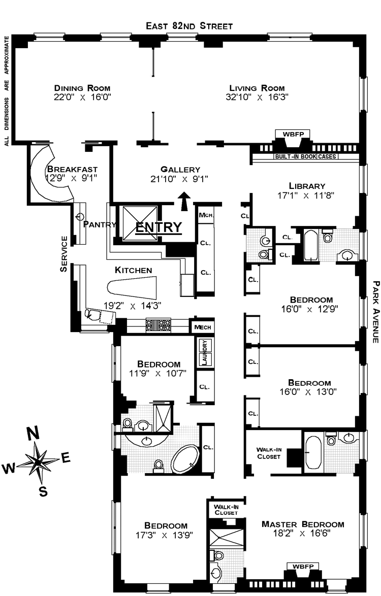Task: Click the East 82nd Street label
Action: point(189,26)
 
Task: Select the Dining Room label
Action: point(82,87)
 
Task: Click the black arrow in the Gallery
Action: point(184,201)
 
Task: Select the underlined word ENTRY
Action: point(158,227)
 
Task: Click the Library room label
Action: point(306,186)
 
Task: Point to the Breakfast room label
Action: point(72,169)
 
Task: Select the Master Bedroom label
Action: point(303,524)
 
